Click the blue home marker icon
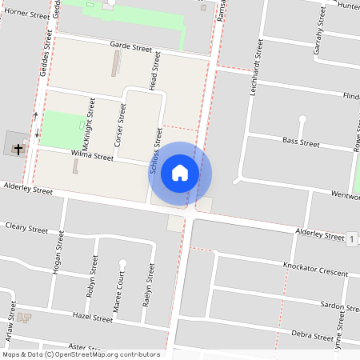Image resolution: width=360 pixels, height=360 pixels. coord(180,173)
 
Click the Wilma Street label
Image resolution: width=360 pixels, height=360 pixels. coord(93,157)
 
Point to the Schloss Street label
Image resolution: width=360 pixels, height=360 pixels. coord(157,153)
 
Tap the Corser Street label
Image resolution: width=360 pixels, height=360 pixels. coord(121,124)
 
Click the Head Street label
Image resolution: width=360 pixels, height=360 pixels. coord(155,71)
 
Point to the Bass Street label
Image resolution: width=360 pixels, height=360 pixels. coord(301,142)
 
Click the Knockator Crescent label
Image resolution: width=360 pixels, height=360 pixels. coord(315,266)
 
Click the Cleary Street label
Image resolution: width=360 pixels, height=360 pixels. coord(26,228)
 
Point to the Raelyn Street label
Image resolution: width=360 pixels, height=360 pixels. coord(147,286)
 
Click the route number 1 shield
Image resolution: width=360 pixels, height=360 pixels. coord(351,238)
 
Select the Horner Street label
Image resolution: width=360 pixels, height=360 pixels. coord(28,14)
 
